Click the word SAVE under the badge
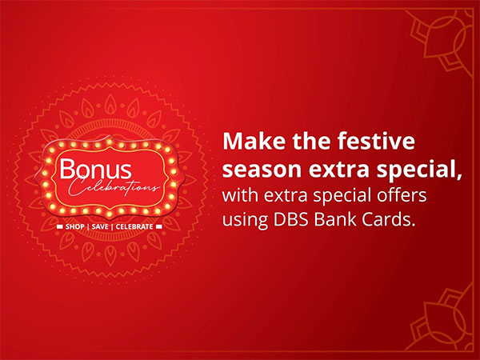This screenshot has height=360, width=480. coord(100,226)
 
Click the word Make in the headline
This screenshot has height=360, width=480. coord(249,142)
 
